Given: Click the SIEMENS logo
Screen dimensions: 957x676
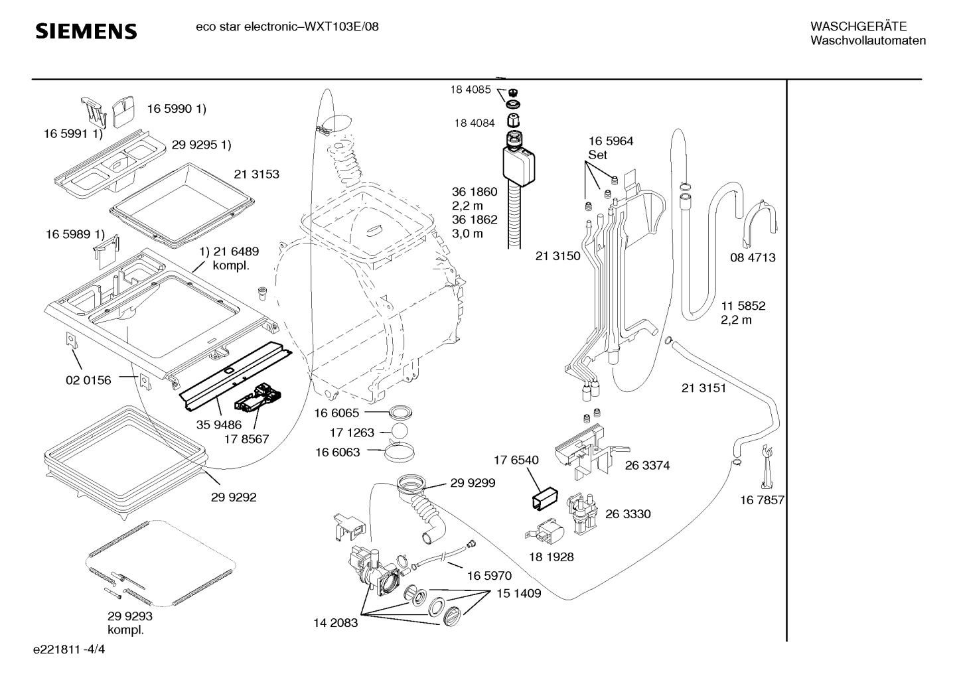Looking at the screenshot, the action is [86, 32].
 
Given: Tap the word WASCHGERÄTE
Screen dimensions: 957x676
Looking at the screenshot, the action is [858, 27].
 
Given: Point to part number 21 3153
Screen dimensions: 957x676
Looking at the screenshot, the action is [256, 174].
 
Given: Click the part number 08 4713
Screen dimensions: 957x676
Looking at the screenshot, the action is [753, 257].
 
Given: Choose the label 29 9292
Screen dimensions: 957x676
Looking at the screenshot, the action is [234, 497].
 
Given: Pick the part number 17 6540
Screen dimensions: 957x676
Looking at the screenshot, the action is [516, 460].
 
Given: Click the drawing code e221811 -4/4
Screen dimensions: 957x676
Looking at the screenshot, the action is [69, 649].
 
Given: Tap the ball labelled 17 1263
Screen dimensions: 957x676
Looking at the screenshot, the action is [400, 431].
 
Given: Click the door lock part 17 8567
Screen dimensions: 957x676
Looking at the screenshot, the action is [258, 398].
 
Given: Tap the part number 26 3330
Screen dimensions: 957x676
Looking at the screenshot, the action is [628, 513].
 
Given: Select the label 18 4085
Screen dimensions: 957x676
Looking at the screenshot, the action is [471, 90].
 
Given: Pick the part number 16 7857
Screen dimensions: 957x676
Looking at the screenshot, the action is [762, 500].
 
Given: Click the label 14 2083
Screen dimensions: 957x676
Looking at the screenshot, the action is [335, 623].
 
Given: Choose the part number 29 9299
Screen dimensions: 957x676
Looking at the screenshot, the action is [473, 483].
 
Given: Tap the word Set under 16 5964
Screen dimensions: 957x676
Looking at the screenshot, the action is [598, 155].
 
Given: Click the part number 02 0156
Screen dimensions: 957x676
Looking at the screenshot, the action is [88, 380].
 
